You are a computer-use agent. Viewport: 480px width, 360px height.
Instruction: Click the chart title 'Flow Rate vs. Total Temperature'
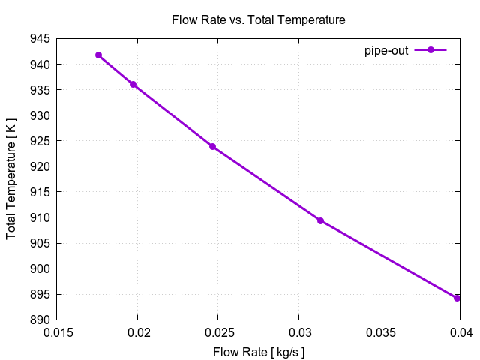point(259,20)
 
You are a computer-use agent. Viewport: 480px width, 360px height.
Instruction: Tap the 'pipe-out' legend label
point(386,50)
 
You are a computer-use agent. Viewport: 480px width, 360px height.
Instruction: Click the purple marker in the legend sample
point(430,50)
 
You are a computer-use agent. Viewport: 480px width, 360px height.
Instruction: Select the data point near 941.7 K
point(98,55)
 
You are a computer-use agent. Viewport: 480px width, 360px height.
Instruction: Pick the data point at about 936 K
point(133,84)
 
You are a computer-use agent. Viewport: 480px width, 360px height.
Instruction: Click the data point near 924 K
point(212,146)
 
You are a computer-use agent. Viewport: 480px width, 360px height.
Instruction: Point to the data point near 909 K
point(320,220)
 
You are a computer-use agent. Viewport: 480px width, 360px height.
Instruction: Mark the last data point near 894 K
point(457,298)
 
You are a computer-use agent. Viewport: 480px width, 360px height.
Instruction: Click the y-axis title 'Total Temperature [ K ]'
point(11,179)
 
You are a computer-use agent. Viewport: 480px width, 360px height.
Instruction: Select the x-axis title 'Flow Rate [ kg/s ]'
point(259,352)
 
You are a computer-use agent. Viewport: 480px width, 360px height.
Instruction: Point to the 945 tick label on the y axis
point(41,39)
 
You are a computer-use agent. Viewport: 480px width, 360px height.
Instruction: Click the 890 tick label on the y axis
point(41,319)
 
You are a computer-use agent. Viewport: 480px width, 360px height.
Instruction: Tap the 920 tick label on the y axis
point(41,166)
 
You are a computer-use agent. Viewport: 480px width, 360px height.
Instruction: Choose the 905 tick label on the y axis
point(41,243)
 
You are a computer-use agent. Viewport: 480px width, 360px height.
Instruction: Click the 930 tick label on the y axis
point(41,115)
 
